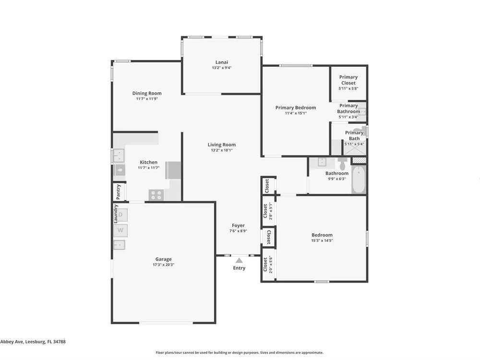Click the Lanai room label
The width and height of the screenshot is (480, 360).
[222, 62]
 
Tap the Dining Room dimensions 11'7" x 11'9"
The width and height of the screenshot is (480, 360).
[147, 99]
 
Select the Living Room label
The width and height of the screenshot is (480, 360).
[222, 145]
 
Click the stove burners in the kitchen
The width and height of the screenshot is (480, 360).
[156, 195]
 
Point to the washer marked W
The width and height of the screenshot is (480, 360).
[120, 230]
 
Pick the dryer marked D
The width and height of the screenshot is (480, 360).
[120, 215]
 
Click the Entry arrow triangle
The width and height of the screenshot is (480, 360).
[239, 261]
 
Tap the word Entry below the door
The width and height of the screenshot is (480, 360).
[239, 268]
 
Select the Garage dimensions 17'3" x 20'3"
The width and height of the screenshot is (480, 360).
[164, 265]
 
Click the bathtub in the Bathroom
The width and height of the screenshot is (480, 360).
[359, 180]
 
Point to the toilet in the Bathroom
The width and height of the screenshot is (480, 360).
[342, 164]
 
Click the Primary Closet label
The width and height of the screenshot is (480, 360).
[348, 80]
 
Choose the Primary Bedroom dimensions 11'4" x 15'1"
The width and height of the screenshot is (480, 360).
[296, 113]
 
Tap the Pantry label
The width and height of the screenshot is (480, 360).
[119, 192]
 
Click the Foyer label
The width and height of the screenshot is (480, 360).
[238, 226]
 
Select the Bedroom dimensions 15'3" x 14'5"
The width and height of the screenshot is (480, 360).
[322, 240]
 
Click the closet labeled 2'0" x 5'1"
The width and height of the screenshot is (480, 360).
[267, 211]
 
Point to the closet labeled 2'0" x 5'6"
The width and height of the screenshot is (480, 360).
[267, 264]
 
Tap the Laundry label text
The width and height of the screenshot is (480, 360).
[116, 214]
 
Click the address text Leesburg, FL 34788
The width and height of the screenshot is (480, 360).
[45, 342]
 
